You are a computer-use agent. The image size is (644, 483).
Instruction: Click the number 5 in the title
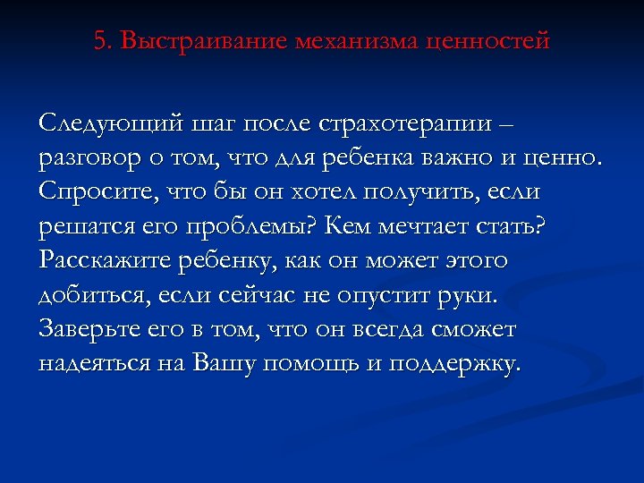coord(99,41)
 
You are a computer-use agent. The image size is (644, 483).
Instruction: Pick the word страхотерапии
coord(414,123)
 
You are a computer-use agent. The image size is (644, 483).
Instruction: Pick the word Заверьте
coord(93,329)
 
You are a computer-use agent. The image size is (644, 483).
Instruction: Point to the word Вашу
coord(238,364)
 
